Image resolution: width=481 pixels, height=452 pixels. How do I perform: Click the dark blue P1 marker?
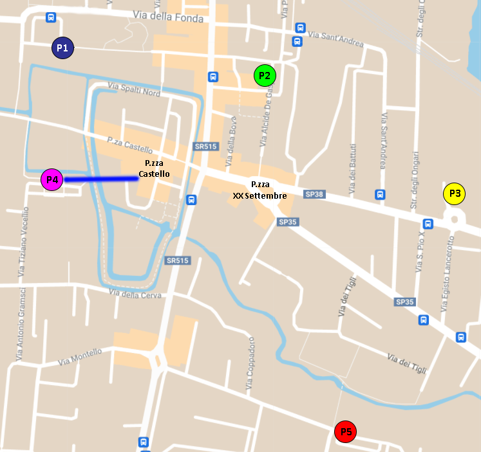tap(62, 48)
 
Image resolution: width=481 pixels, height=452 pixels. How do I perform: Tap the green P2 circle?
tap(265, 76)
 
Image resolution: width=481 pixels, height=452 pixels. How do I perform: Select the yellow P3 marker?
tap(455, 194)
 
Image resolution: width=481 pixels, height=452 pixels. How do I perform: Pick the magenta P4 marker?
tap(52, 180)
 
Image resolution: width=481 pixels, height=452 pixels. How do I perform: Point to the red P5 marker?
tap(346, 432)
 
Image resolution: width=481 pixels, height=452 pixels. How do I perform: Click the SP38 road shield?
tap(315, 194)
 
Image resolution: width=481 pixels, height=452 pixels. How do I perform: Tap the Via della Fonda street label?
tap(168, 17)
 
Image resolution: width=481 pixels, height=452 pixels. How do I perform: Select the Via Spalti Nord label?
tap(134, 89)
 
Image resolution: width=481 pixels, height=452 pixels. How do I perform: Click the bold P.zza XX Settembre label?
tap(260, 190)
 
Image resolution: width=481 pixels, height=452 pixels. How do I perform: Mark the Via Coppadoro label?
tap(249, 364)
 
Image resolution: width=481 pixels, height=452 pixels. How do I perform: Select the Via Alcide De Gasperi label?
tap(267, 116)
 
